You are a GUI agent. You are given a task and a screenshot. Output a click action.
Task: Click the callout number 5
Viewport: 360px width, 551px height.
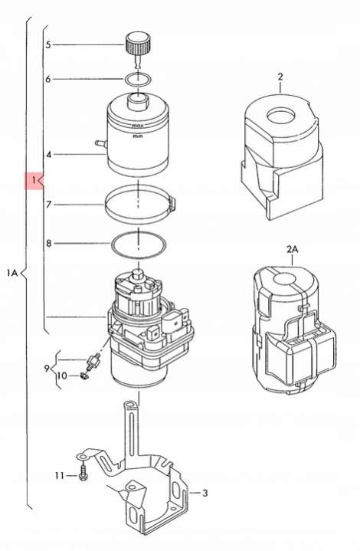(48, 44)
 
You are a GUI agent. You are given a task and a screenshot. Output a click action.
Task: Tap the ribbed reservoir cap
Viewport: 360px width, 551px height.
(139, 43)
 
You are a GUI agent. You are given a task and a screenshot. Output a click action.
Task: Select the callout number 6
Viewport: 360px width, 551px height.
(48, 79)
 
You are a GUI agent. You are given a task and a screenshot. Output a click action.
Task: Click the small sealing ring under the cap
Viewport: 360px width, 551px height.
(139, 80)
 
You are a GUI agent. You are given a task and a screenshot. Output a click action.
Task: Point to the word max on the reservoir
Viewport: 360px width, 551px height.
(137, 126)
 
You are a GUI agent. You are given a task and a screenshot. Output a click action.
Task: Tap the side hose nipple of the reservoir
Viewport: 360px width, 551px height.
(101, 143)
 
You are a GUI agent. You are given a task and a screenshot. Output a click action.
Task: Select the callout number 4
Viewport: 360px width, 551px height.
(48, 154)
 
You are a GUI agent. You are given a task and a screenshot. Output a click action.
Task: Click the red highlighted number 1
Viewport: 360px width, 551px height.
(34, 181)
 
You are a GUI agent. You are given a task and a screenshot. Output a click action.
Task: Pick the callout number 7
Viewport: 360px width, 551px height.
(48, 204)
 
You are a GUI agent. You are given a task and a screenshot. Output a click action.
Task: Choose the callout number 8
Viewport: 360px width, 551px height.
(48, 243)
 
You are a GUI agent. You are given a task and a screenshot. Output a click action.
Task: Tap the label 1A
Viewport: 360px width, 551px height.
(11, 272)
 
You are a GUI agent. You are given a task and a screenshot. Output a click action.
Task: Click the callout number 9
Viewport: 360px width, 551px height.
(47, 369)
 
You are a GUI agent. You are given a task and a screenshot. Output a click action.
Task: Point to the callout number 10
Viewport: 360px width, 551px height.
(62, 376)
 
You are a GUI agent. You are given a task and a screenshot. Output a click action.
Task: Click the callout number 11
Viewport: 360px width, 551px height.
(59, 475)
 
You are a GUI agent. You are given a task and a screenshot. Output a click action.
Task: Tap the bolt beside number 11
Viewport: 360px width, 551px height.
(83, 473)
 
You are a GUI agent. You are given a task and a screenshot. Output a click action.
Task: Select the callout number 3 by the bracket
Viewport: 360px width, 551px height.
(205, 493)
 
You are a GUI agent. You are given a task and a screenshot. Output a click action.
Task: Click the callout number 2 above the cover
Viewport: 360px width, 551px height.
(280, 77)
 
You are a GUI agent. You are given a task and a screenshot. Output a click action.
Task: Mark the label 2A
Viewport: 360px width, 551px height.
(293, 250)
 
